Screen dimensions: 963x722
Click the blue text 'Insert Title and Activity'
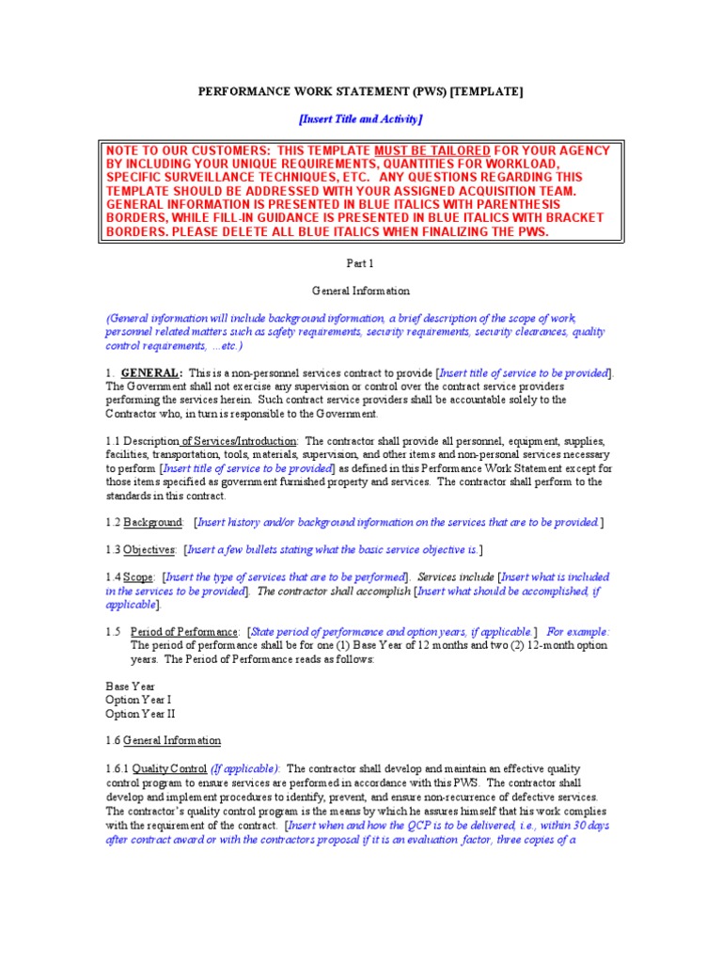(x=361, y=118)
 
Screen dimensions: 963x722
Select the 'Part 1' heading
(x=361, y=264)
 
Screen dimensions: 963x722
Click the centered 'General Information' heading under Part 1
(x=361, y=292)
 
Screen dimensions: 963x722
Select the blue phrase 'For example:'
(x=577, y=632)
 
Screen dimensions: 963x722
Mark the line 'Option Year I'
(x=138, y=701)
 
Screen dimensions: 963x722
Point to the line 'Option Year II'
(x=140, y=714)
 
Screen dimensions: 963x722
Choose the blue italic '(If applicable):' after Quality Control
(x=244, y=768)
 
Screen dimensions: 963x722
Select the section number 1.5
(x=114, y=632)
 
